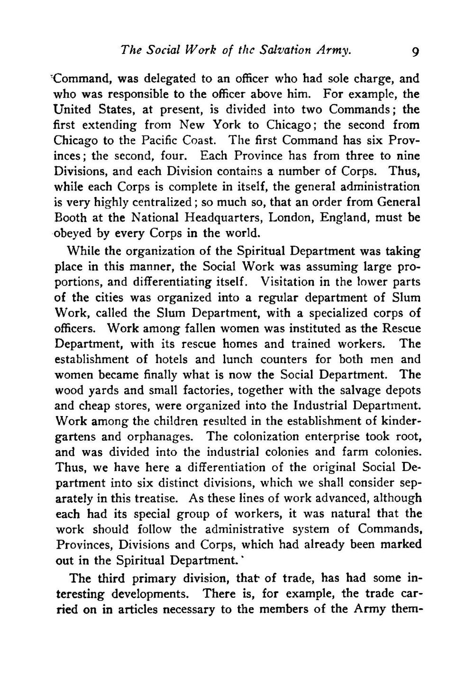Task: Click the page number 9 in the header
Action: [415, 51]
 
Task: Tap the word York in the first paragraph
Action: [228, 125]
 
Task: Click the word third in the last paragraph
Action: [111, 578]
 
